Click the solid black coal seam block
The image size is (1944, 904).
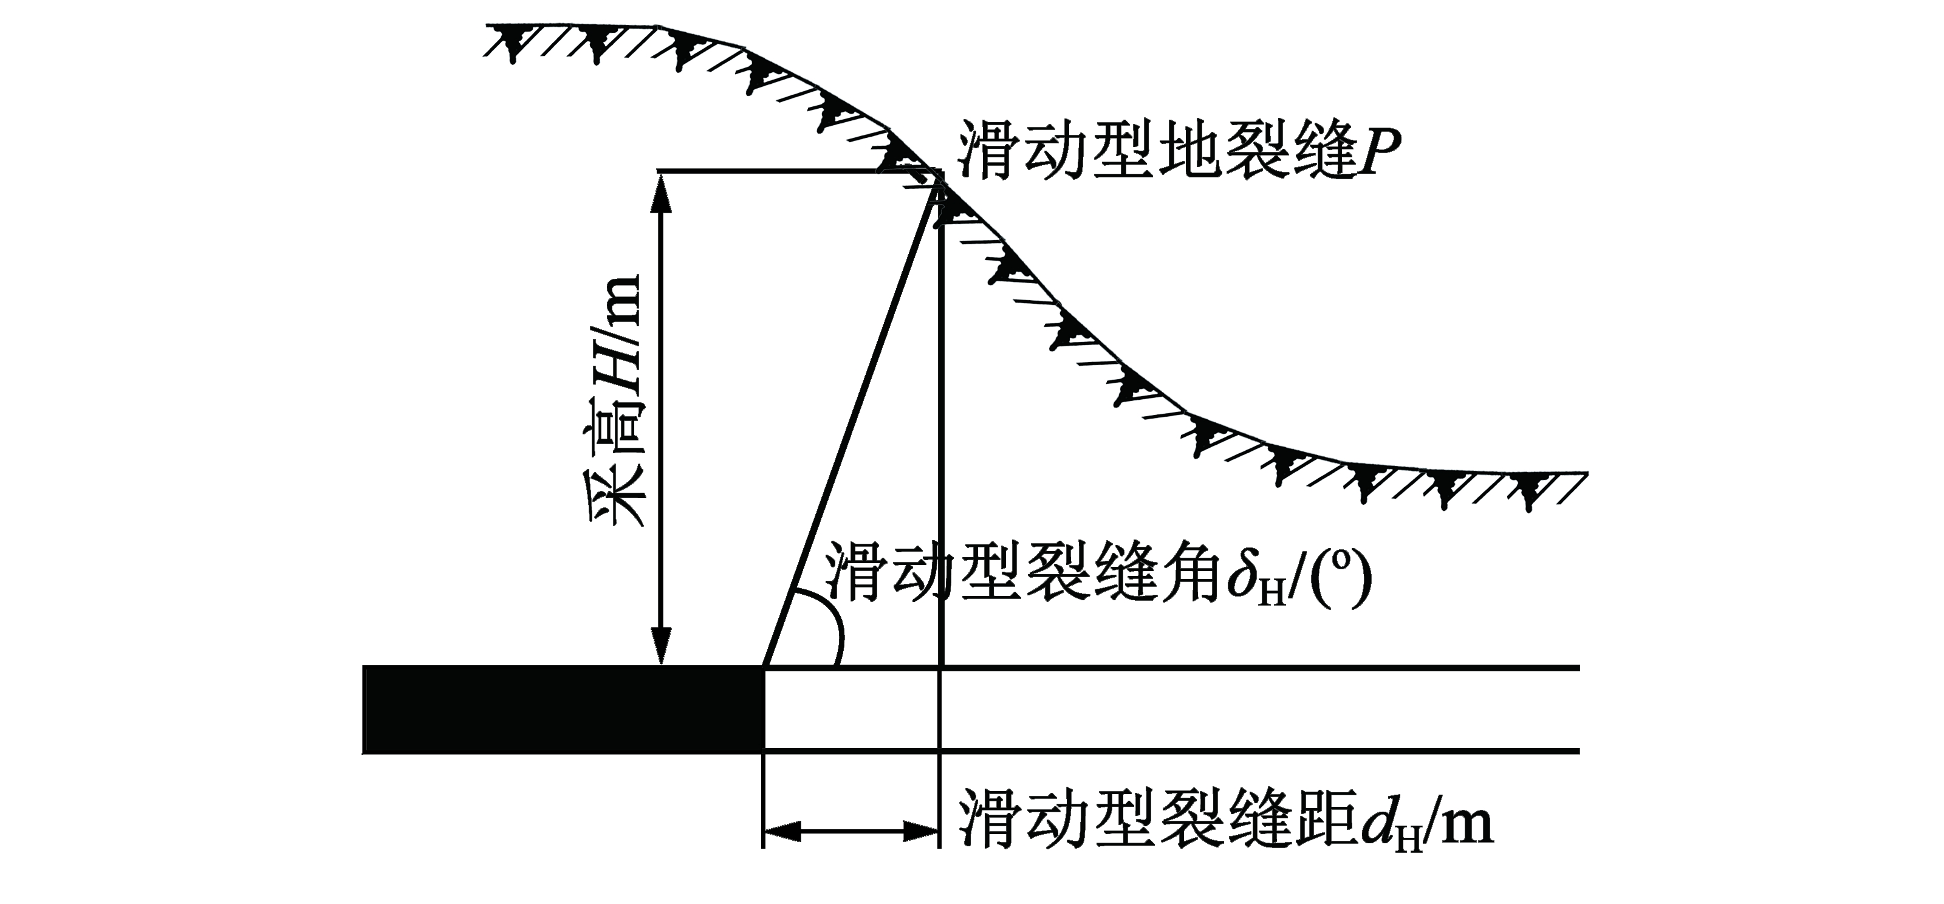coord(564,710)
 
